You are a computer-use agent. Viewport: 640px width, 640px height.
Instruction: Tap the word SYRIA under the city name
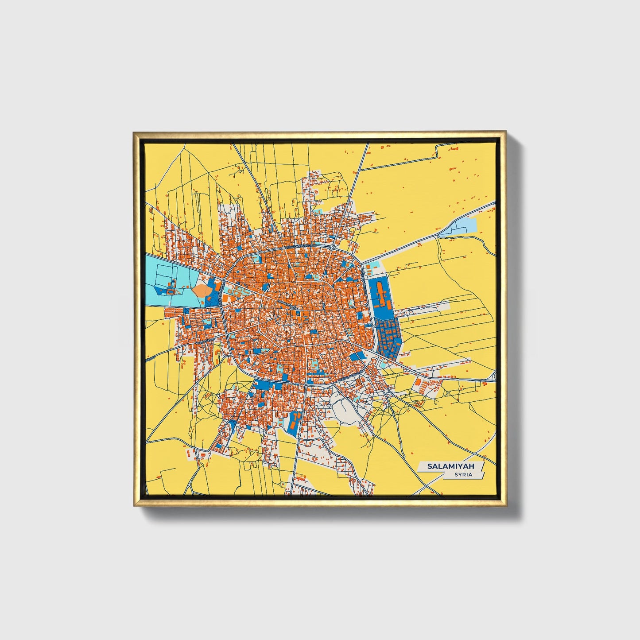[x=463, y=474]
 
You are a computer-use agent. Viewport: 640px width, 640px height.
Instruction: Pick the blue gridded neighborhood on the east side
[x=388, y=335]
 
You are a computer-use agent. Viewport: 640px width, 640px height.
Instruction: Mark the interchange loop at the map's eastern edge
[x=494, y=376]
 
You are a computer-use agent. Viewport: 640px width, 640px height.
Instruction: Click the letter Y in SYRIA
[x=458, y=474]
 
